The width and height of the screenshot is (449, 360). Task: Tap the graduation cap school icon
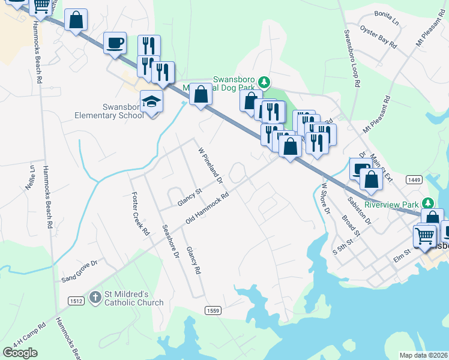click(x=152, y=102)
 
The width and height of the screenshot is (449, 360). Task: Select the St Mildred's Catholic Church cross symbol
click(x=95, y=296)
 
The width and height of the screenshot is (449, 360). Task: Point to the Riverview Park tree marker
click(x=427, y=204)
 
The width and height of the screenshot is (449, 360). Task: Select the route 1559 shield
click(x=212, y=310)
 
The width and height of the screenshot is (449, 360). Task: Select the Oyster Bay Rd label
click(x=378, y=37)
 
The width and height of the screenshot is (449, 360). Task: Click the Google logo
click(x=20, y=353)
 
